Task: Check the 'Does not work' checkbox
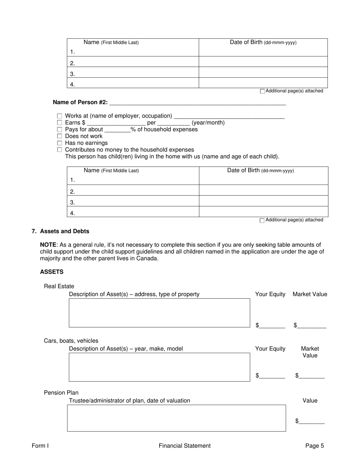click(59, 136)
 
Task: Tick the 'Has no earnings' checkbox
click(59, 143)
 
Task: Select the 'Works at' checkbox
click(59, 116)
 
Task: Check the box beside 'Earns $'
click(59, 123)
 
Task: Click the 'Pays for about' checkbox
click(59, 129)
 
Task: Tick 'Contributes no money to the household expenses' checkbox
click(59, 150)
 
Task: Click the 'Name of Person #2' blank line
click(197, 102)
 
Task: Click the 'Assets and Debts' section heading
click(64, 231)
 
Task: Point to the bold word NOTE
click(48, 245)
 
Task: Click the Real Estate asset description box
click(159, 313)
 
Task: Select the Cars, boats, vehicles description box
click(159, 367)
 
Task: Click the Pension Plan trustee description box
click(176, 418)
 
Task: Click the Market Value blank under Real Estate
click(311, 325)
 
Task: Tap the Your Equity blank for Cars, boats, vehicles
click(272, 375)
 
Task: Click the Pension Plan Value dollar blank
click(311, 421)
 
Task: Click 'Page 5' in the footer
click(315, 446)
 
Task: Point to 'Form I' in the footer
click(40, 446)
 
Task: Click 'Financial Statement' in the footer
click(185, 446)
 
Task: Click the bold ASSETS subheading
click(52, 272)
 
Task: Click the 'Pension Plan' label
click(61, 393)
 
